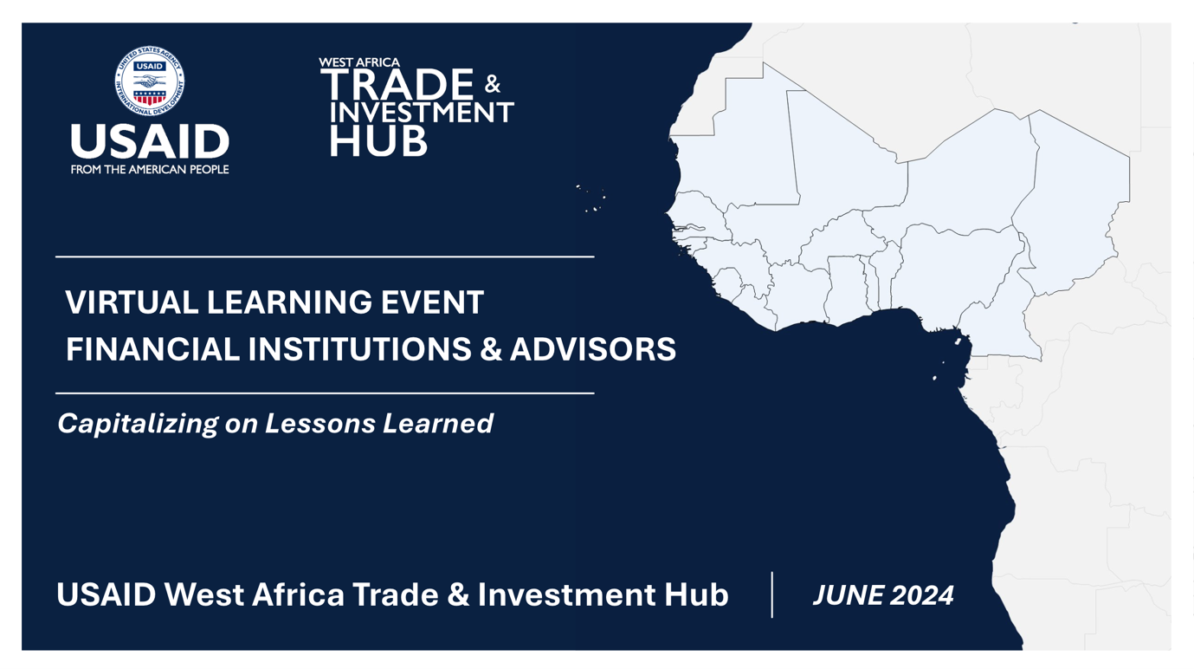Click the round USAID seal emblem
coord(150,81)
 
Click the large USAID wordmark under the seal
coord(150,141)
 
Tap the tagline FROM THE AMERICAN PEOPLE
coord(150,170)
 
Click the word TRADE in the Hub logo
coord(397,84)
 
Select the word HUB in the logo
coord(378,141)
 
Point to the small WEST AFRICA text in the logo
coord(359,62)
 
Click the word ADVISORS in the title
coord(593,349)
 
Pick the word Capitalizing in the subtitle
coord(138,424)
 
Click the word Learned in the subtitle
coord(438,423)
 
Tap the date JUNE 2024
coord(883,595)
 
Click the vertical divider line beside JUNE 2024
coord(771,594)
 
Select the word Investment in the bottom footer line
coord(566,594)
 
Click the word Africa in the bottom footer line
coord(298,594)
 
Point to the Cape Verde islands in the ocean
coord(591,198)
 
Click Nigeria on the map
coord(954,272)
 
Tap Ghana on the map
coord(846,288)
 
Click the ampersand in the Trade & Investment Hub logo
coord(493,84)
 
